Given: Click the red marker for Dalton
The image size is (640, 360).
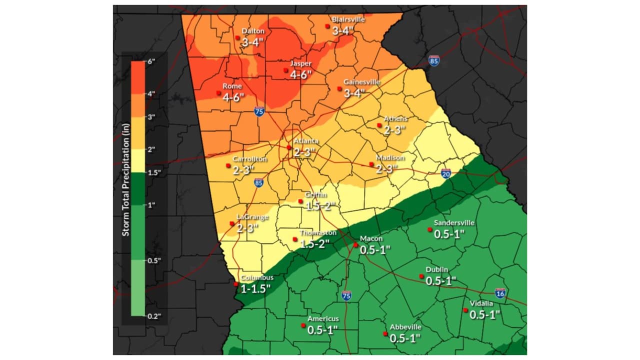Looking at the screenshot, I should (x=237, y=37).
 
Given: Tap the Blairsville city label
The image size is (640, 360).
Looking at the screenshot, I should (x=348, y=19).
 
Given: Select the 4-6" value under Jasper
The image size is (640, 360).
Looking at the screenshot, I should (x=300, y=74).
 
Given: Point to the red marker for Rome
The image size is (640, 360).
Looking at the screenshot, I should (x=218, y=92).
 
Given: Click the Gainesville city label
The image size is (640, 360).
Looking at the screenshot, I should (x=361, y=81).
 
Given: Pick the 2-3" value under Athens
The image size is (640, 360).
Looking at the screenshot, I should (x=394, y=129).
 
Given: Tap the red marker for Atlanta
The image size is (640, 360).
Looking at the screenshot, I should (x=289, y=147).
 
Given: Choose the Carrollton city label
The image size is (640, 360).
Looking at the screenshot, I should (x=249, y=159).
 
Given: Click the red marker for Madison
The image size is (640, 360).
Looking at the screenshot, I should (x=371, y=164).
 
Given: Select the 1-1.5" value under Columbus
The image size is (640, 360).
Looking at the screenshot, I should (x=255, y=288).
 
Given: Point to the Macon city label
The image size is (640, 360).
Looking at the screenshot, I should (x=371, y=238).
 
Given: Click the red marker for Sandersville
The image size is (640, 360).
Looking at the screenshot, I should (x=429, y=229).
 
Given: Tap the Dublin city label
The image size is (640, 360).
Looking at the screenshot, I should (x=437, y=270).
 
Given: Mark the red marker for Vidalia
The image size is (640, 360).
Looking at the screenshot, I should (x=465, y=310).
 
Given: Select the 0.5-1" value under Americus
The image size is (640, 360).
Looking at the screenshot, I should (x=322, y=329).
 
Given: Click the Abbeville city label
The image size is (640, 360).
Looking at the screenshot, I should (x=405, y=327).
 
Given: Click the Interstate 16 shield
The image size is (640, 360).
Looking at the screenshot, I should (x=499, y=293).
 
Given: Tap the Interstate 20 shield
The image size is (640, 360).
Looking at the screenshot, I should (x=446, y=173).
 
